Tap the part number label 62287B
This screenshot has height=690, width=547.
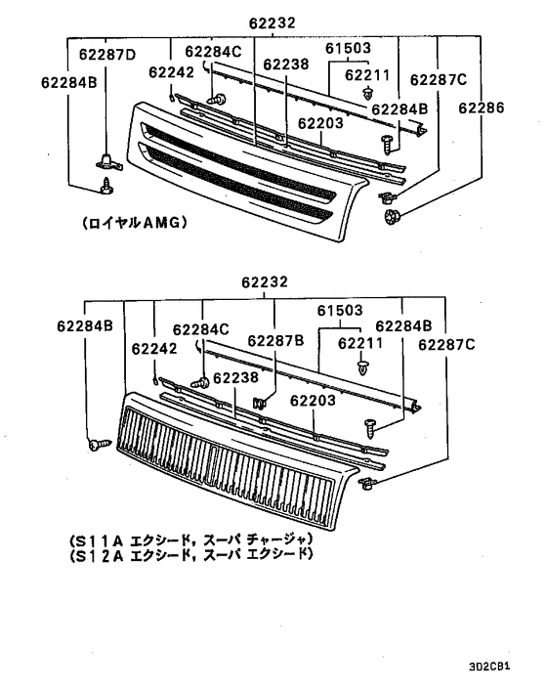[x=275, y=340]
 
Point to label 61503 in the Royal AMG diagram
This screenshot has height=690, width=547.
[x=348, y=47]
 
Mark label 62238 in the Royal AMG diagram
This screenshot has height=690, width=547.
[x=285, y=65]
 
